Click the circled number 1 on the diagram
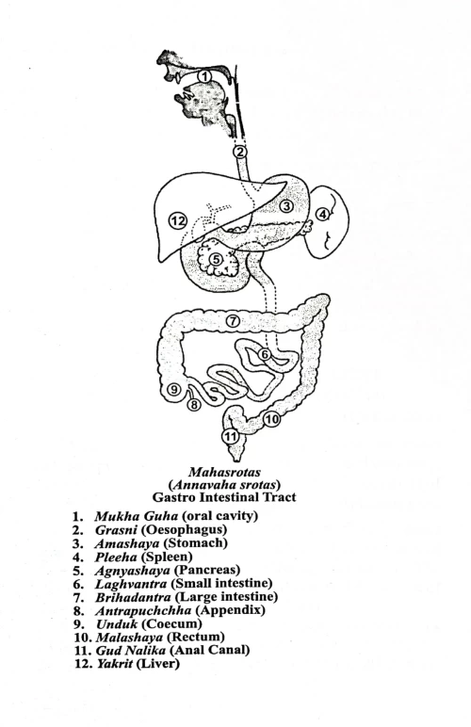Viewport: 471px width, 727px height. click(x=204, y=76)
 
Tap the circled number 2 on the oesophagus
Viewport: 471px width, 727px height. click(x=240, y=151)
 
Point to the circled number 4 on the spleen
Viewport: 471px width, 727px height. click(x=322, y=214)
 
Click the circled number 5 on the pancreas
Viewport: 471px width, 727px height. click(x=217, y=259)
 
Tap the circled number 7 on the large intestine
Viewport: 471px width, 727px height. click(x=232, y=320)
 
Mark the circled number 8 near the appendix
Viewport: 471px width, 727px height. click(x=194, y=405)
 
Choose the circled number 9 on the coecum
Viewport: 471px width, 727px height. click(x=173, y=390)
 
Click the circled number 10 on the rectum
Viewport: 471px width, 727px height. click(x=272, y=419)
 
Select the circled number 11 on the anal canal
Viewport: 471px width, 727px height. click(x=228, y=436)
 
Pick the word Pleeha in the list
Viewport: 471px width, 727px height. click(x=117, y=557)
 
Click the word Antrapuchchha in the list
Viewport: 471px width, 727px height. click(x=147, y=610)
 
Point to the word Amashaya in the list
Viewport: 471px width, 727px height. click(x=126, y=543)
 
